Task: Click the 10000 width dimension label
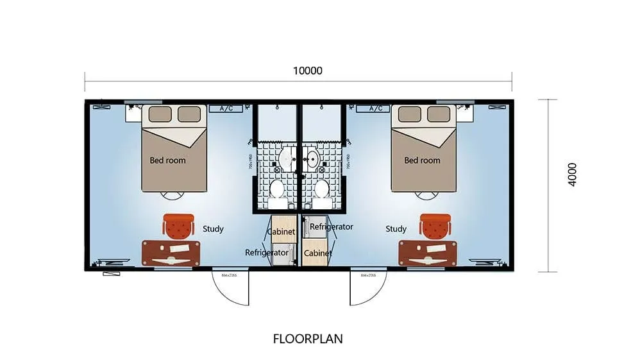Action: pos(307,71)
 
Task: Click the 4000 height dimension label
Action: pos(572,175)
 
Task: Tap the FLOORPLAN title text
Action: pos(308,338)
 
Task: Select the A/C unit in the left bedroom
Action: pos(226,108)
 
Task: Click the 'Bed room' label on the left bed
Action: pos(167,160)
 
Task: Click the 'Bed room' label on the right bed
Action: pos(422,160)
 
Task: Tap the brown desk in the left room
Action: pos(171,253)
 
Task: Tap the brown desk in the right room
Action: pos(427,253)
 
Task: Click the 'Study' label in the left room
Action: pos(213,228)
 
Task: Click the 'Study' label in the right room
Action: pos(396,228)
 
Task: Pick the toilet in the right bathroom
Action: pos(321,190)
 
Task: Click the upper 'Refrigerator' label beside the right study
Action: pos(332,227)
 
